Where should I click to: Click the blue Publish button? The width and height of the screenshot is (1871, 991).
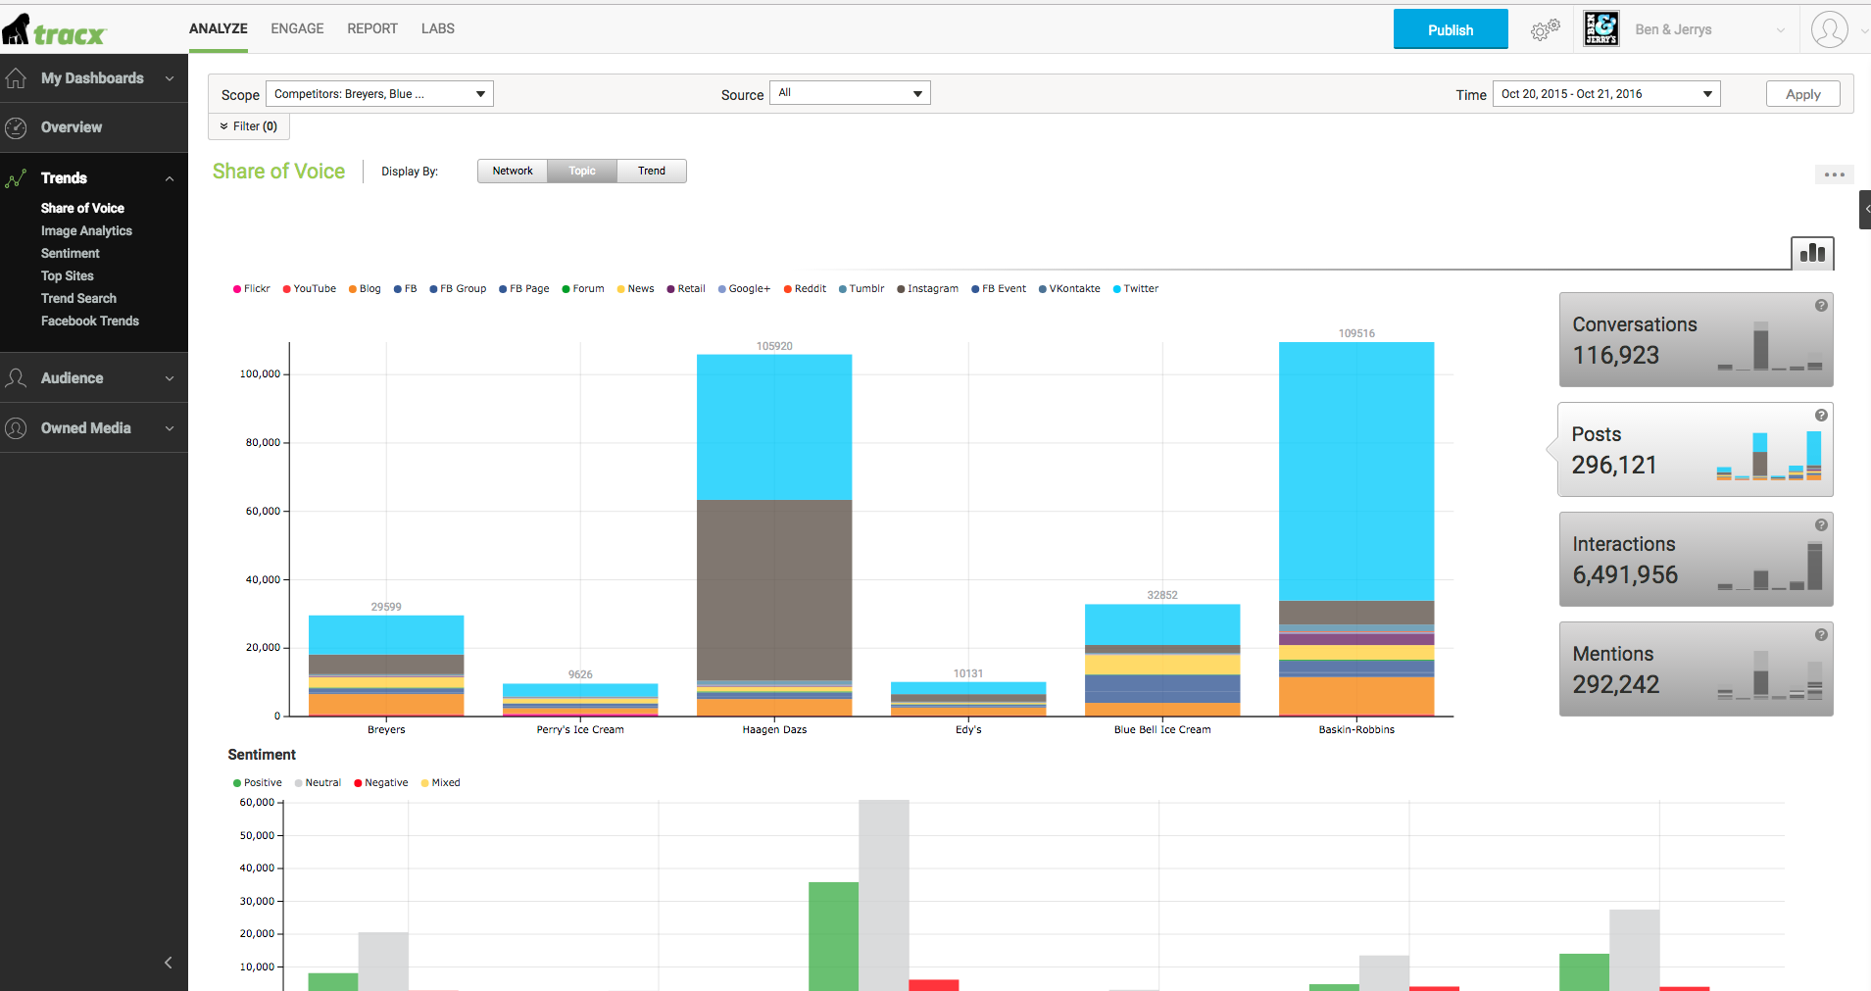tap(1451, 29)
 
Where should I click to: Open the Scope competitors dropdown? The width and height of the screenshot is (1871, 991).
tap(379, 94)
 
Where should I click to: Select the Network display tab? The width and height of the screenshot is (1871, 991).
tap(513, 172)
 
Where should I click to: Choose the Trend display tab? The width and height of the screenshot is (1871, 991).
tap(652, 172)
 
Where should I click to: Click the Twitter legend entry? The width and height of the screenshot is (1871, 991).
tap(1136, 289)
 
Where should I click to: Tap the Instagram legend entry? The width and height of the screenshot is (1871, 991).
tap(927, 289)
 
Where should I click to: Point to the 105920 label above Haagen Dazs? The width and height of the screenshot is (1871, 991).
tap(774, 346)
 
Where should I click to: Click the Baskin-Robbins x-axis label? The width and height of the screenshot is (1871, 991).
tap(1356, 730)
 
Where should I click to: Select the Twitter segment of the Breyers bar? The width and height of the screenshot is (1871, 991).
tap(386, 635)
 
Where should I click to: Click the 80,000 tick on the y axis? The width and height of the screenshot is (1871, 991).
tap(262, 443)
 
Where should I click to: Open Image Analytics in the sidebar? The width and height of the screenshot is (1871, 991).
tap(86, 231)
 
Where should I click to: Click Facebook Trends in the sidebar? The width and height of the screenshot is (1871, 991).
tap(90, 322)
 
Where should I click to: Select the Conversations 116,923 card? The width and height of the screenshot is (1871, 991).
tap(1696, 340)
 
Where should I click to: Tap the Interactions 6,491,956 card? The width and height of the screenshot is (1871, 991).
tap(1696, 560)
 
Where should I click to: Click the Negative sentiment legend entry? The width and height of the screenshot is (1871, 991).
tap(381, 783)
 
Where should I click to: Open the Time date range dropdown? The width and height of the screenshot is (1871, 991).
tap(1606, 94)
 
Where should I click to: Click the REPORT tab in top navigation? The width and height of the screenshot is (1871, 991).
tap(372, 29)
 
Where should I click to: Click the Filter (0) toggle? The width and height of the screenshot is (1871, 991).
tap(249, 126)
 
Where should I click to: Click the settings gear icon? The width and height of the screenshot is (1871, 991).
tap(1545, 30)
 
